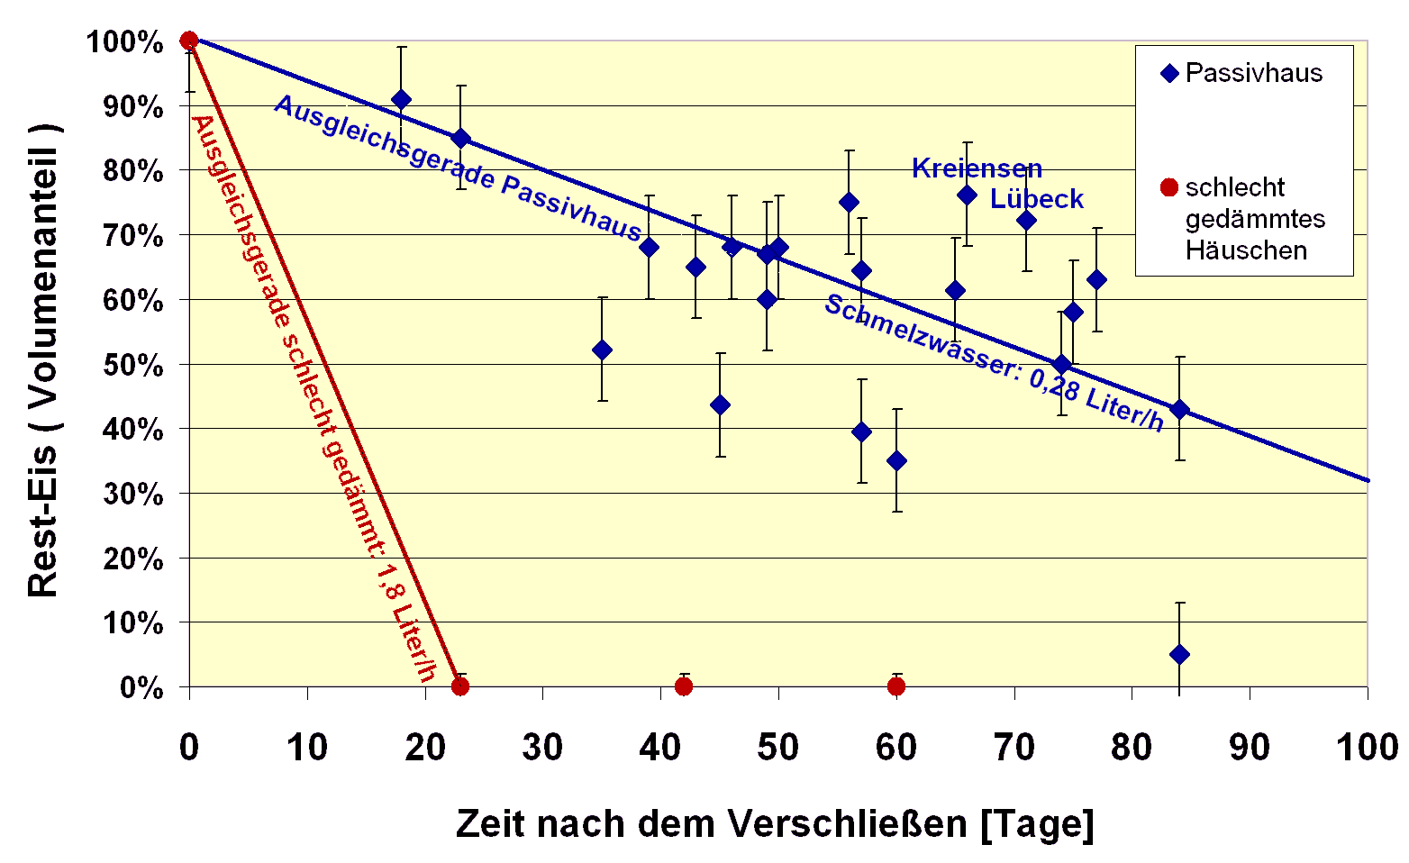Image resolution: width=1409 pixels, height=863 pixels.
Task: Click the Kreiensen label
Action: tap(977, 168)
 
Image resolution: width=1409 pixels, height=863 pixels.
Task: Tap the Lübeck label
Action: tap(1036, 199)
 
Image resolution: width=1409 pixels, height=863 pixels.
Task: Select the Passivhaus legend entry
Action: tap(1243, 73)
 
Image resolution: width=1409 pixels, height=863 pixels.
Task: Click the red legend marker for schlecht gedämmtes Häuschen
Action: tap(1168, 187)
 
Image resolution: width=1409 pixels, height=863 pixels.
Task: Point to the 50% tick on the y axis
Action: tap(132, 366)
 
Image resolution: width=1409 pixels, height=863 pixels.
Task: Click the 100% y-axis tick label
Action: tap(125, 42)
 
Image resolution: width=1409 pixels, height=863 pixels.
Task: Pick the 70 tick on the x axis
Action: tap(1014, 747)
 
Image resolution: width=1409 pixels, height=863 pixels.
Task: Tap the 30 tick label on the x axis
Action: tap(542, 747)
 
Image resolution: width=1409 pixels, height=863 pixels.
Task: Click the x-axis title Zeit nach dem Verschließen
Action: tap(774, 823)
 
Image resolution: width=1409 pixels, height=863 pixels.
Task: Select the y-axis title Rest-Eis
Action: tap(42, 360)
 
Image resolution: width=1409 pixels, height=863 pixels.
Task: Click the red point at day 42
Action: tap(684, 686)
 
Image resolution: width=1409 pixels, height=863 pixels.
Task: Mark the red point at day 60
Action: tap(895, 686)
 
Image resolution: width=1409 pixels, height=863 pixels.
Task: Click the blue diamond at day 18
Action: tap(401, 99)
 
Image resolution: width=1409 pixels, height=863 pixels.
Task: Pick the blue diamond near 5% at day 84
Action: tap(1179, 654)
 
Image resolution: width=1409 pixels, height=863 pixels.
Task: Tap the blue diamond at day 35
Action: tap(602, 350)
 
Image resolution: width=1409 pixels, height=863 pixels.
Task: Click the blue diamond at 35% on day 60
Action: tap(895, 460)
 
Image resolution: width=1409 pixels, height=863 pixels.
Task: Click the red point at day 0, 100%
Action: tap(189, 41)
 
